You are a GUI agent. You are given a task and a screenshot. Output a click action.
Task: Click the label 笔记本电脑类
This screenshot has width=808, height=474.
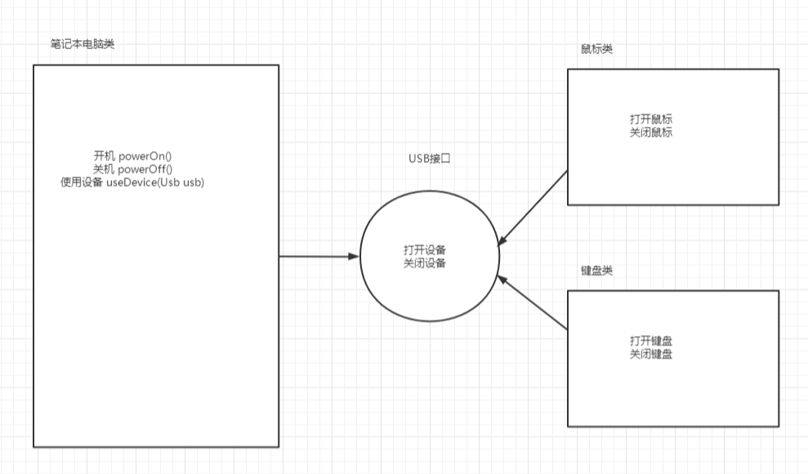[x=82, y=44]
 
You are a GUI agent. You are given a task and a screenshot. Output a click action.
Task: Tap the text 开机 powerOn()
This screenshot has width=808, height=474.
[x=136, y=156]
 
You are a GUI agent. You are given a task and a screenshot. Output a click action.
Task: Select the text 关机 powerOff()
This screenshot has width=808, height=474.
[x=136, y=169]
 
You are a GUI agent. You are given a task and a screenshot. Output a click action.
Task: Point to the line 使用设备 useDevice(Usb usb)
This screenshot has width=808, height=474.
[x=132, y=182]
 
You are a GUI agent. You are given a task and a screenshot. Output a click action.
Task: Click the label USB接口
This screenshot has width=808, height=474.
[x=431, y=157]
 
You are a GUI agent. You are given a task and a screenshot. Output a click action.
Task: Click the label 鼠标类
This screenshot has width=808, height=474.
[x=591, y=49]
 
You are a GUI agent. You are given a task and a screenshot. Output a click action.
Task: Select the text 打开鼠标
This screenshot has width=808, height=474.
[x=651, y=119]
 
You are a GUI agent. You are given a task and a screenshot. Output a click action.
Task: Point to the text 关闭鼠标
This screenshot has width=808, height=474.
[x=651, y=132]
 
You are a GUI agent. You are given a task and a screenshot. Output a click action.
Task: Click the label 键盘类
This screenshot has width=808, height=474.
[x=596, y=271]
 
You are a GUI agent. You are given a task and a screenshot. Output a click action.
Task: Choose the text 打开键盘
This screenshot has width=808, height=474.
[x=651, y=341]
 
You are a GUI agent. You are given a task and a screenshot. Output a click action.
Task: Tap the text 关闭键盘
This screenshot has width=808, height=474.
[x=651, y=355]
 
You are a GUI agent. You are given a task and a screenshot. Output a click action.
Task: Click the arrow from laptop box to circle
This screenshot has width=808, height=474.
[x=319, y=257]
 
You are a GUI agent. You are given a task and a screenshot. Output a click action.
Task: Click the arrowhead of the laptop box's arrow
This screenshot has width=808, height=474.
[x=354, y=257]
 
